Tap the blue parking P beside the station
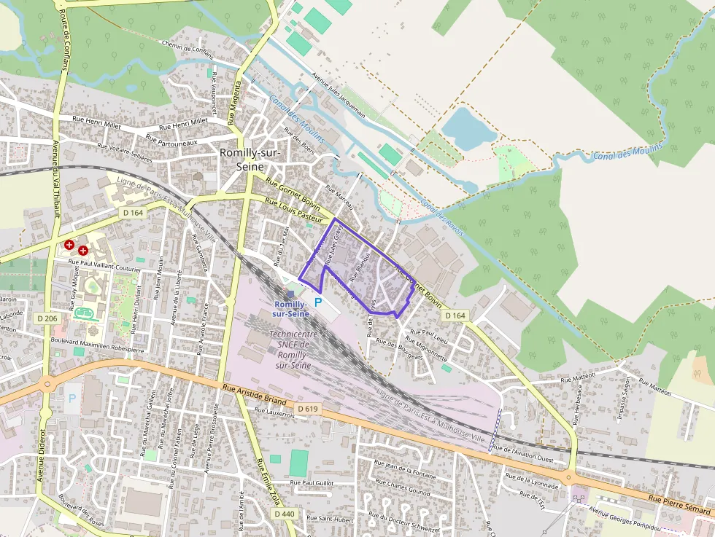[318, 302]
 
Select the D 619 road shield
[308, 409]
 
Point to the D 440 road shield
[285, 514]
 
